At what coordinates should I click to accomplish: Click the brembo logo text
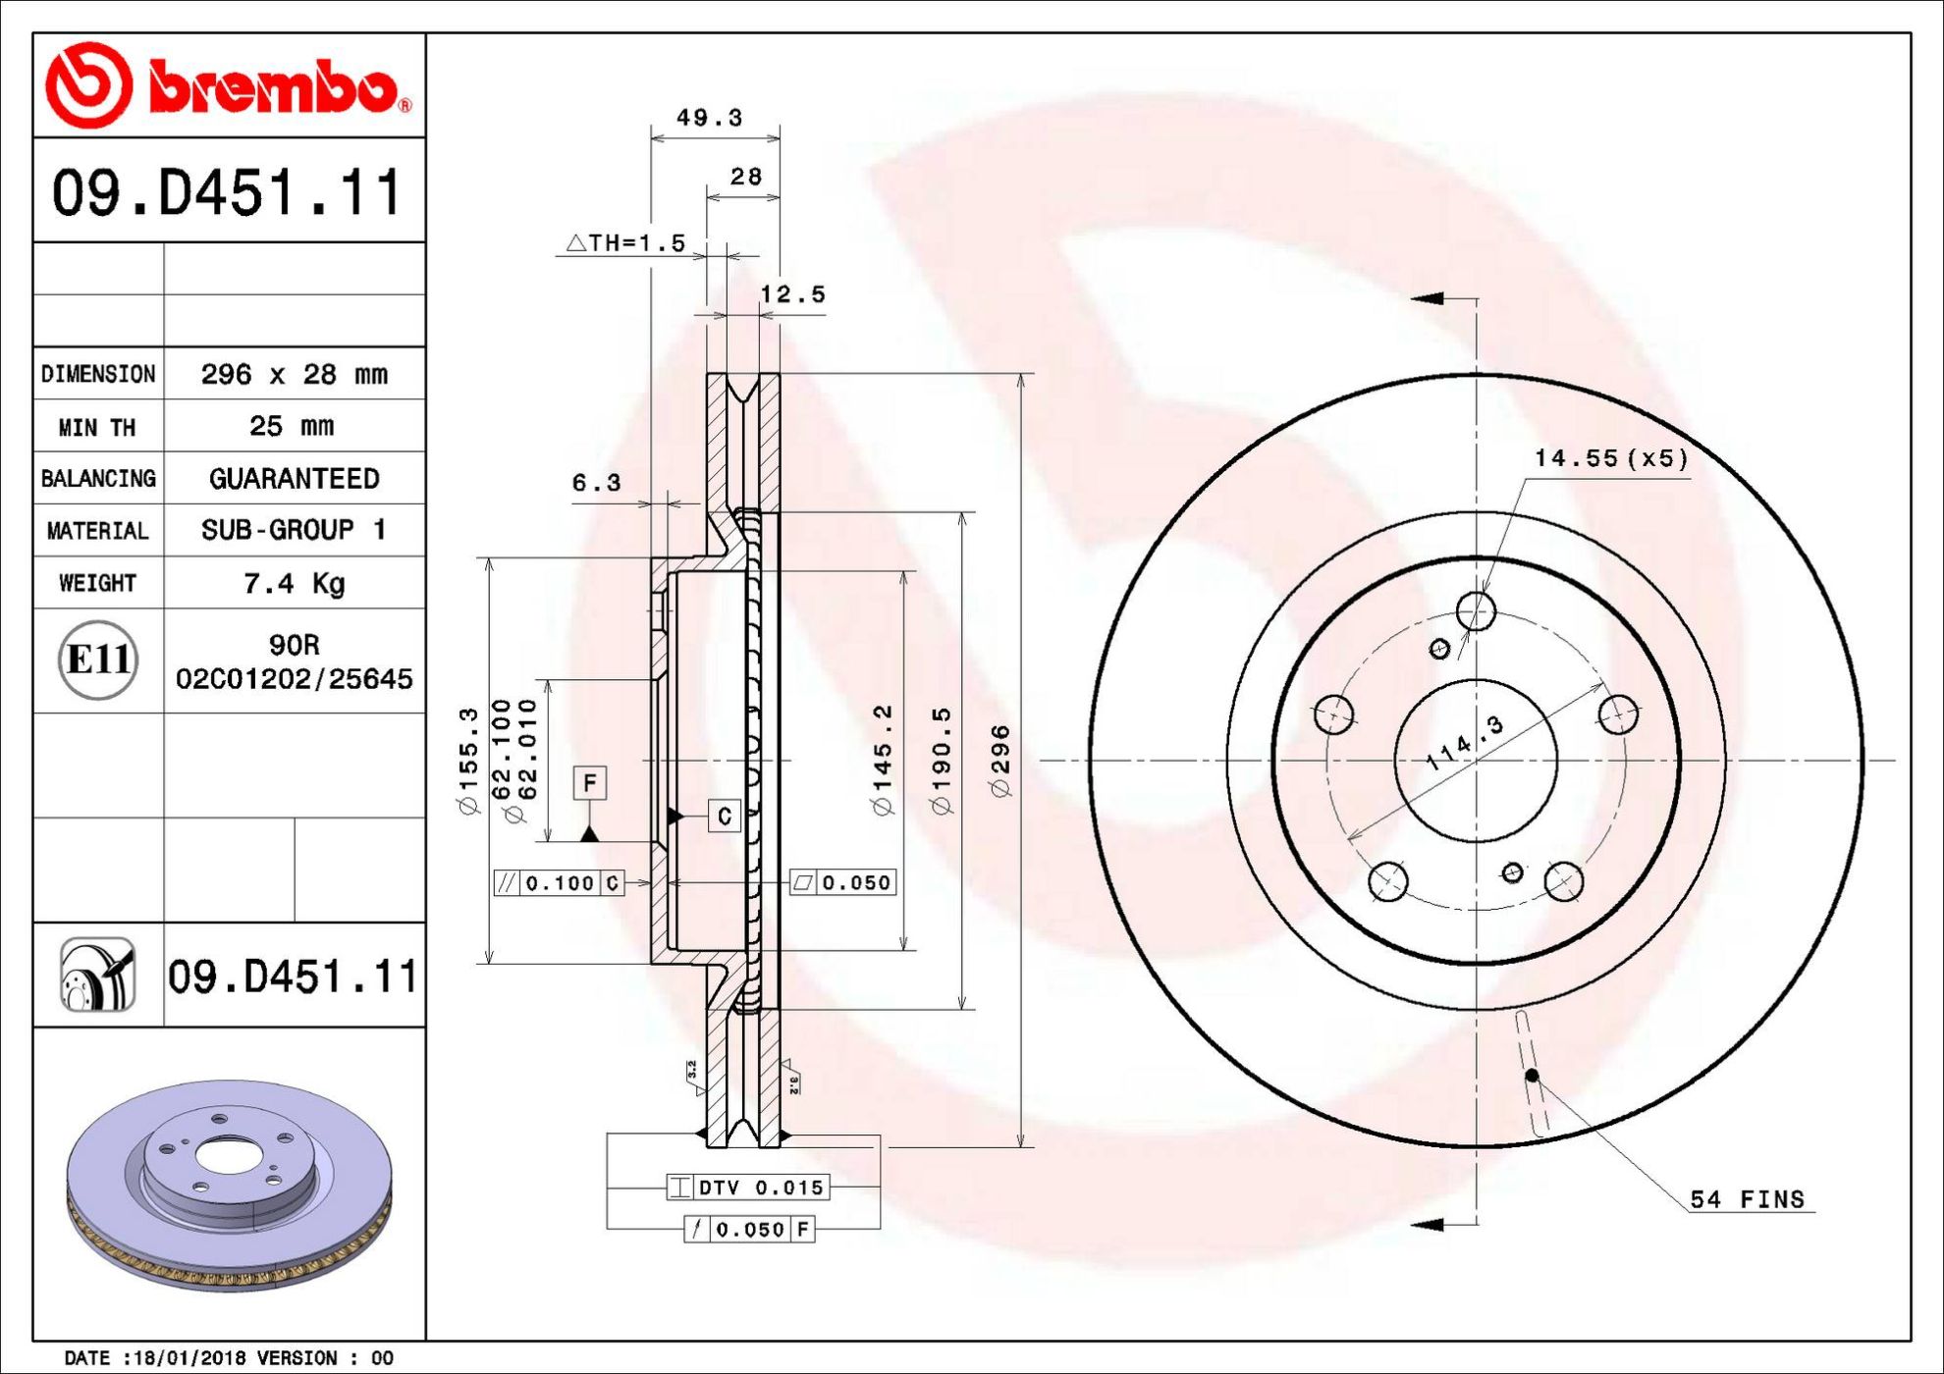coord(279,88)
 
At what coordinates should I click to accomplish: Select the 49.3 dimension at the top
coord(710,118)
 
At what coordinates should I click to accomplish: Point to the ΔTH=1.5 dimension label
coord(625,242)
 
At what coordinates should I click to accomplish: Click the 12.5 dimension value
coord(792,294)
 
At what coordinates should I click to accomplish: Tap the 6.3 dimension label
coord(597,483)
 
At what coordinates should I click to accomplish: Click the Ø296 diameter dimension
coord(1000,761)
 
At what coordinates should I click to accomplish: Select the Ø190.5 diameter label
coord(941,761)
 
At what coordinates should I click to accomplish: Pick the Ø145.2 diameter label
coord(883,760)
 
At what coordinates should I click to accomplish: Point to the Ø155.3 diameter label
coord(468,761)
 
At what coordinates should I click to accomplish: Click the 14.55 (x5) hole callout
coord(1611,458)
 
